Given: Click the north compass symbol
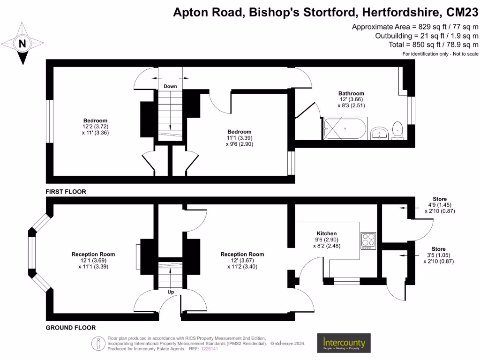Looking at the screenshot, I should [x=22, y=44].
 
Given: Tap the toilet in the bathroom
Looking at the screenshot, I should [x=398, y=130].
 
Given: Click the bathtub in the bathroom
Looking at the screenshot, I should [x=345, y=128].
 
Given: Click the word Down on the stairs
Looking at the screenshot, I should [x=170, y=86].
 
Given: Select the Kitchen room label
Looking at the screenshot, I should [x=326, y=233].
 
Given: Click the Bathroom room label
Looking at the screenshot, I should [x=351, y=93].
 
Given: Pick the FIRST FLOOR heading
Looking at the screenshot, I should [x=66, y=192].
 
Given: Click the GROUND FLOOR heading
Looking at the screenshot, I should [x=70, y=328].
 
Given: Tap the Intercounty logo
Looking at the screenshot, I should [x=344, y=344].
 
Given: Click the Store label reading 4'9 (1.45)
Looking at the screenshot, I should [x=440, y=205].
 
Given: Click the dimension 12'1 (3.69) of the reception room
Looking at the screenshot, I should [x=93, y=260].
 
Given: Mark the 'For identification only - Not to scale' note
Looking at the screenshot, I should [x=440, y=54].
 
